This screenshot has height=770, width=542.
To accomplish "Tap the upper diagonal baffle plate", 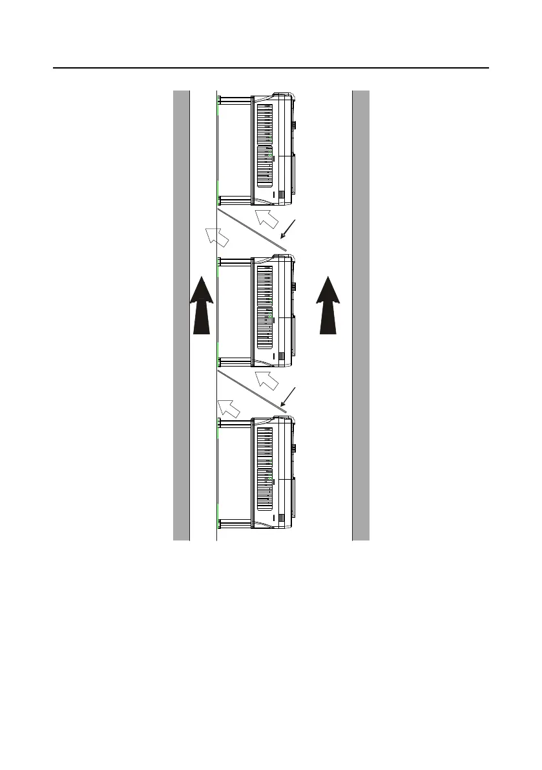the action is point(252,230).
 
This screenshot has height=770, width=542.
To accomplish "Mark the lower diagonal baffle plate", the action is point(252,391).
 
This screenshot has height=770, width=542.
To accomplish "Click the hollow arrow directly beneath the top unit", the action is point(267,220).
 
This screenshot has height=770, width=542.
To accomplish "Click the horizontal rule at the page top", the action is point(271,68).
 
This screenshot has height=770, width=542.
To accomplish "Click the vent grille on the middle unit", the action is point(265,306).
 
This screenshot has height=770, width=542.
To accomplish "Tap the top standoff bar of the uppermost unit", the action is point(236,100).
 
